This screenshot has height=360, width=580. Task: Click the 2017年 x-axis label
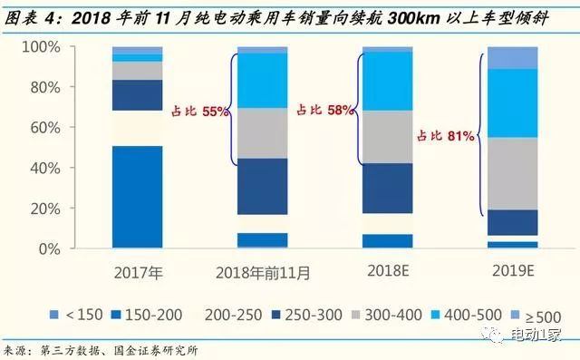(138, 271)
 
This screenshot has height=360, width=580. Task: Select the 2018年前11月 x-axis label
(262, 271)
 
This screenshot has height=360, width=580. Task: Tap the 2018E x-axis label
(387, 271)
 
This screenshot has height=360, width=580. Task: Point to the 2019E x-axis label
(512, 271)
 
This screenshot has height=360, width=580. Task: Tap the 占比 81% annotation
(446, 136)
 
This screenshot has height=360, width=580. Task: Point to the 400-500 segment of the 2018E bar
(387, 81)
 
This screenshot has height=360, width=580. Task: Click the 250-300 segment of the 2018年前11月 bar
(262, 186)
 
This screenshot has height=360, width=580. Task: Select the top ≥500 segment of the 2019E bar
(512, 57)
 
